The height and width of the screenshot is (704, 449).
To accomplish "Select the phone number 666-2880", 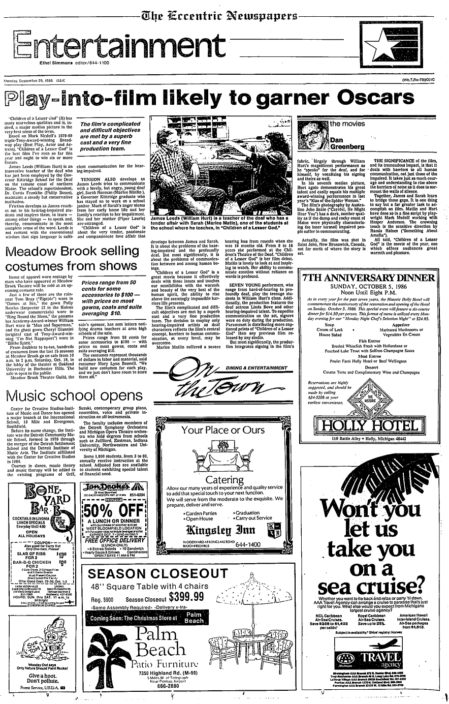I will (x=156, y=685).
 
